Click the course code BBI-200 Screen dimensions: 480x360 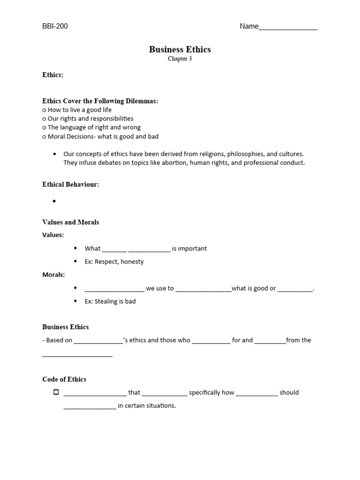(55, 26)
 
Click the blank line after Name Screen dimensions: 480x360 (288, 27)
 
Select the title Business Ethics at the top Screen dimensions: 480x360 (180, 49)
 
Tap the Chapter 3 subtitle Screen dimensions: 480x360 (180, 59)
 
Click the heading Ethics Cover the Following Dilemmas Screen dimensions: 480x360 (100, 101)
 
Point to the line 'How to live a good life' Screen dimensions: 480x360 (79, 110)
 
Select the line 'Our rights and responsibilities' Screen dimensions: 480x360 (90, 119)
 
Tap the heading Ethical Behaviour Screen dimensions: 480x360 (71, 184)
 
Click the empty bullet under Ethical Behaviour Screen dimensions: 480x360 (54, 201)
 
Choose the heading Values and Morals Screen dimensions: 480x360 (71, 222)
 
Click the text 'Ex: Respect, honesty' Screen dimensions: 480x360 (114, 262)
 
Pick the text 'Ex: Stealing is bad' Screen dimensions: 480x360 (110, 301)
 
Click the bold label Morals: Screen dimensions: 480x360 (53, 275)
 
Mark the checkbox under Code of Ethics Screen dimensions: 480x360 (56, 392)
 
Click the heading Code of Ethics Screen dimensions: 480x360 (64, 379)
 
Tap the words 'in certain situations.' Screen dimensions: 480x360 (147, 405)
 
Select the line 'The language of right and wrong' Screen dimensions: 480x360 (94, 127)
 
